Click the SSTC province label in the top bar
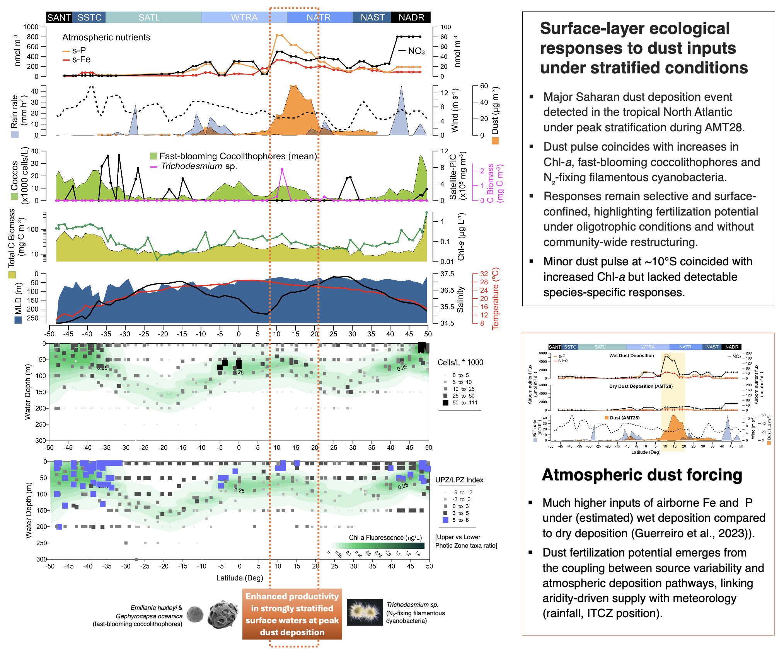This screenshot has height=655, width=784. pos(89,17)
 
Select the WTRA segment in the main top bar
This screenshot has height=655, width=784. pos(244,17)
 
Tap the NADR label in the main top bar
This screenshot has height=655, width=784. pos(411,17)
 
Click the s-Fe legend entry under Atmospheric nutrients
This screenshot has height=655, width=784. pos(81,59)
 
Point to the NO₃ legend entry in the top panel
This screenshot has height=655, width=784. pos(416,51)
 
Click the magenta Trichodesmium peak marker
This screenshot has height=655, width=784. pos(282,170)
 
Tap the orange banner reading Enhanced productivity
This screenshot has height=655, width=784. pos(292,614)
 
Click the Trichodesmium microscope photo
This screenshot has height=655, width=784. pos(365,612)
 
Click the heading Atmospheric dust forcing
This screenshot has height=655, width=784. pos(642,475)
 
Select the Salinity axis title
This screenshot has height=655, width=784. pos(460,299)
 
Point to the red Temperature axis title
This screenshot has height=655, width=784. pos(495,299)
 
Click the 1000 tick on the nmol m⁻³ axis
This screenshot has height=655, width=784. pos(31,27)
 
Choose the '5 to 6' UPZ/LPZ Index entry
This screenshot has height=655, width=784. pos(460,520)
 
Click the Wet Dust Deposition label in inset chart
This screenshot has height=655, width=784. pos(631,356)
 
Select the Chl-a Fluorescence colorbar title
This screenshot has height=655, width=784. pos(385,538)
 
